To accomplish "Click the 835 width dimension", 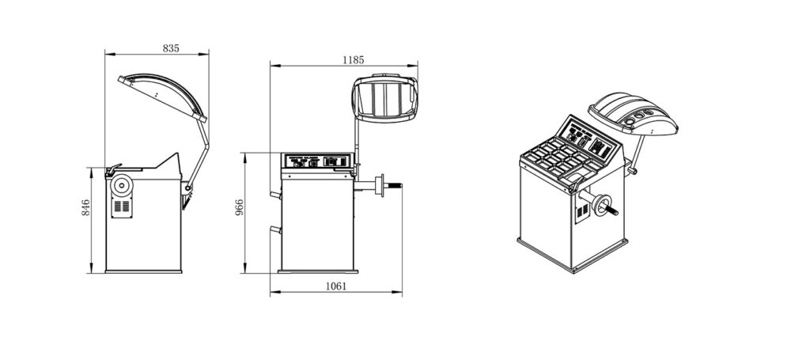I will (171, 48).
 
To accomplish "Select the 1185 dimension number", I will (354, 59).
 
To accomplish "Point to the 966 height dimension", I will (239, 207).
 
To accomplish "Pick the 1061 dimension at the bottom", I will (335, 286).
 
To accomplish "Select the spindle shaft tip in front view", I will (399, 187).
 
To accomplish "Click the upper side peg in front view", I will (274, 194).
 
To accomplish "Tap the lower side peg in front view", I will (274, 229).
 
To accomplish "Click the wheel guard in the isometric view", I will (636, 115).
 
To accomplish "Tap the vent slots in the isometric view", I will (584, 214).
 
